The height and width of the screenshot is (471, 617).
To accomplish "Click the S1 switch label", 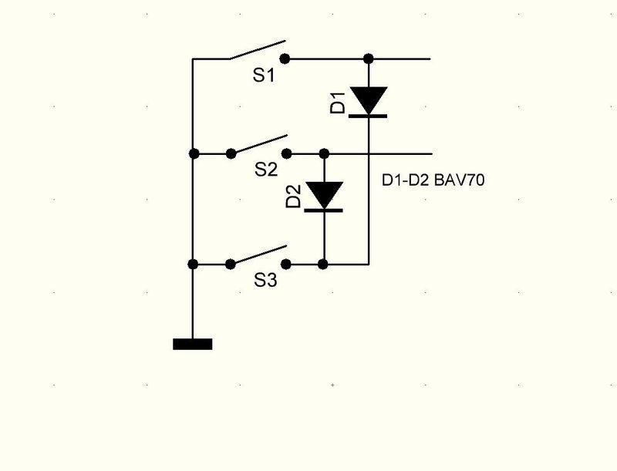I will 265,76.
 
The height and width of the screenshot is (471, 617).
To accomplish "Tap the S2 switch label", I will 266,170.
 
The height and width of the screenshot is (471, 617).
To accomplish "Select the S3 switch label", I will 265,281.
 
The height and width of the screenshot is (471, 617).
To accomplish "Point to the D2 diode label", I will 294,197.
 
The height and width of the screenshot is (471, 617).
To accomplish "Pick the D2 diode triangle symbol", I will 324,196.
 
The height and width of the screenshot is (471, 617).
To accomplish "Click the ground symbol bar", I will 193,344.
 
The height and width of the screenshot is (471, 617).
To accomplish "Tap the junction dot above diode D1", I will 369,59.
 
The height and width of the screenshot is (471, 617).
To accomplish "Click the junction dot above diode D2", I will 324,153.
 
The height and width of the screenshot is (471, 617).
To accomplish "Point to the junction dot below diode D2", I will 324,264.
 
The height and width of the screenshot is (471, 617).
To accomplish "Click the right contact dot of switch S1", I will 285,59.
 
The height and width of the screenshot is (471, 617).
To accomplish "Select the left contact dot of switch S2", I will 231,153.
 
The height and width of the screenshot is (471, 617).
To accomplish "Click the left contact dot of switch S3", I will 231,264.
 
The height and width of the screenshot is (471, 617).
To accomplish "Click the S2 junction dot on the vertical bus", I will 193,153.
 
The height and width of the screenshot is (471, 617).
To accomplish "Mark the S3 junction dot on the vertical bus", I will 193,264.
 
